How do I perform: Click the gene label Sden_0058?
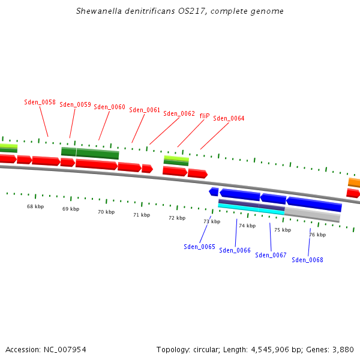[40, 102]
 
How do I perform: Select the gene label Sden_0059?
[75, 104]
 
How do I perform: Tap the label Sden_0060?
[109, 107]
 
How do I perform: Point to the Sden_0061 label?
[145, 110]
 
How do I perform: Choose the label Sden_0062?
[179, 113]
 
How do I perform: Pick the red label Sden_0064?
[229, 118]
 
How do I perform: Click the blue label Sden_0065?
[199, 247]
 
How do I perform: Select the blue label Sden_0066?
[235, 250]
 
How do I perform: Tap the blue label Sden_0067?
[271, 255]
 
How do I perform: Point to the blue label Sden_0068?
[307, 260]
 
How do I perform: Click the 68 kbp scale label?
[35, 206]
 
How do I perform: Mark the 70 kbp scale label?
[106, 212]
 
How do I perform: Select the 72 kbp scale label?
[177, 218]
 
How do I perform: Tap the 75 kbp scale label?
[283, 230]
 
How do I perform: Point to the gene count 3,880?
[342, 349]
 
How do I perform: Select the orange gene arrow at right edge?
[354, 182]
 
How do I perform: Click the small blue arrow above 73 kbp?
[214, 191]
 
